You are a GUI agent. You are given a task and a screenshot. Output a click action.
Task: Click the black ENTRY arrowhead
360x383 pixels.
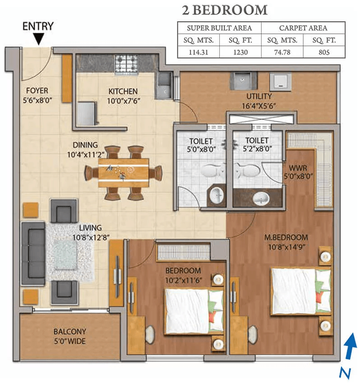(x=39, y=40)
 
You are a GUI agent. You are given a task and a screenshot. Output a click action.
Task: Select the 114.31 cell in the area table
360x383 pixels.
(x=198, y=52)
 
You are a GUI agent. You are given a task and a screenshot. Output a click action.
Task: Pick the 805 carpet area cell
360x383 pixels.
(x=324, y=52)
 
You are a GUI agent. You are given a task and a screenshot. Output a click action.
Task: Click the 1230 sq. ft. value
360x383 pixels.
(x=240, y=52)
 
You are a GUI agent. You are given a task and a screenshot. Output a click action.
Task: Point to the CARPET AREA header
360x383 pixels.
(x=303, y=28)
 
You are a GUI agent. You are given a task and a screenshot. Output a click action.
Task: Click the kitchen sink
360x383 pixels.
(x=163, y=85)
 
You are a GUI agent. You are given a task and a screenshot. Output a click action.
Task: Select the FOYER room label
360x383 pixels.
(x=37, y=91)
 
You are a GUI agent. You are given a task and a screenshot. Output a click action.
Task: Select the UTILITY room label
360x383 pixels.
(x=259, y=96)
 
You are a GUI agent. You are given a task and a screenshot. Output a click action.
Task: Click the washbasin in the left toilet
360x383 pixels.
(x=217, y=195)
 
